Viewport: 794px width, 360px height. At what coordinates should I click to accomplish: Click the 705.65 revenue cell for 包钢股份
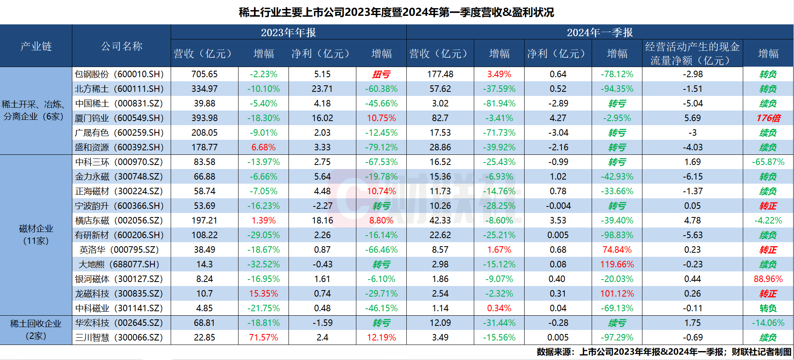click(204, 74)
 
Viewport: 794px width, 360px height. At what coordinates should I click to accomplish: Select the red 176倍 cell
click(768, 118)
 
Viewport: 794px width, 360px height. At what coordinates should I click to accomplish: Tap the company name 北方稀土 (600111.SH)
click(119, 89)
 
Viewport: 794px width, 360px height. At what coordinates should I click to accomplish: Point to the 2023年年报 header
click(288, 33)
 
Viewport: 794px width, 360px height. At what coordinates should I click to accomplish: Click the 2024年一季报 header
click(600, 33)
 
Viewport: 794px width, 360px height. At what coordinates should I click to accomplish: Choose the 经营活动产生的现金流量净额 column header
click(692, 54)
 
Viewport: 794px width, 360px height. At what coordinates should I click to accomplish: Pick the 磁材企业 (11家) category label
click(36, 234)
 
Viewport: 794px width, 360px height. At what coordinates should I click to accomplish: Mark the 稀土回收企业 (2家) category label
click(36, 330)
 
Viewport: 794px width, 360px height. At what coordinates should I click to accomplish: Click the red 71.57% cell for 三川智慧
click(263, 338)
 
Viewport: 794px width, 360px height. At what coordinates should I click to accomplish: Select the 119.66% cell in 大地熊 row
click(617, 265)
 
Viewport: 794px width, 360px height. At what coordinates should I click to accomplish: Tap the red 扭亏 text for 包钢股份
click(381, 74)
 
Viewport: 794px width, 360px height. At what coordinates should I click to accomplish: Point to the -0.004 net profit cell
click(558, 206)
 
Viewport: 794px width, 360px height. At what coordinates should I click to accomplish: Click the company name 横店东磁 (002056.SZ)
click(119, 221)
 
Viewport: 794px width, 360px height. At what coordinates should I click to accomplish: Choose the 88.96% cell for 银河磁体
click(768, 279)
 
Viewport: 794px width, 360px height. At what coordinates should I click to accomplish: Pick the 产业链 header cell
click(36, 46)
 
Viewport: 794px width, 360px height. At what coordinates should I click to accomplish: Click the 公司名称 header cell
click(121, 46)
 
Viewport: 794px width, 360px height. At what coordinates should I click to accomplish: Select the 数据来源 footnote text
click(664, 352)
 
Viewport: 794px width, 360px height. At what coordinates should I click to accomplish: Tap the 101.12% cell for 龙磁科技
click(617, 294)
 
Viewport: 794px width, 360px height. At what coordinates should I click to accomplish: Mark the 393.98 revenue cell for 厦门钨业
click(204, 118)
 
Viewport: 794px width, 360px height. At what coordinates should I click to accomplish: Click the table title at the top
click(396, 12)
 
